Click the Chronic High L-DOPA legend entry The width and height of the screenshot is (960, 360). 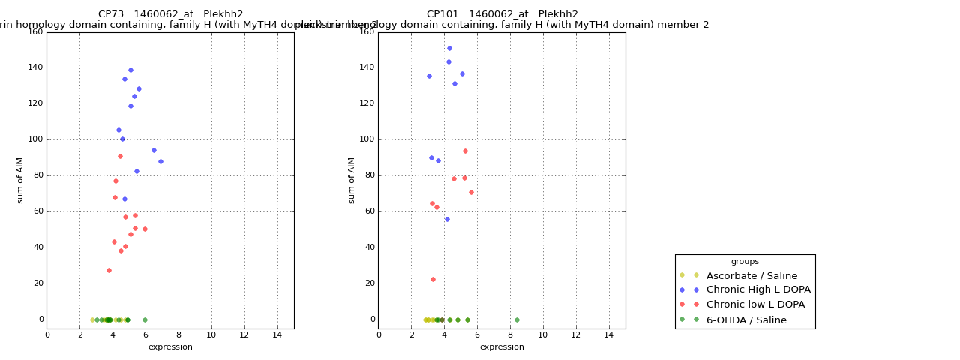(758, 289)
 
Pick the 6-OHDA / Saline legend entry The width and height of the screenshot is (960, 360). (746, 319)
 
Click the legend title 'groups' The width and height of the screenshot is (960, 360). (745, 262)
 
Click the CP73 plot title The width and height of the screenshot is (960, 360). (170, 14)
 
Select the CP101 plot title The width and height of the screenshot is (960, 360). (502, 14)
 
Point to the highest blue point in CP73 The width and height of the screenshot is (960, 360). (130, 70)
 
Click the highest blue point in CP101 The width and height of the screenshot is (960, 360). (449, 48)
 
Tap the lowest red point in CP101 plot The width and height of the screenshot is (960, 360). (433, 279)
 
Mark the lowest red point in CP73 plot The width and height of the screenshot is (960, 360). (109, 270)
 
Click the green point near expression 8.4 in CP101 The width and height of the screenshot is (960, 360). (517, 319)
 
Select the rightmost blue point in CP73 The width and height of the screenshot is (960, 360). (160, 161)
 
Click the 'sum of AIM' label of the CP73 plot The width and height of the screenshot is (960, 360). (20, 180)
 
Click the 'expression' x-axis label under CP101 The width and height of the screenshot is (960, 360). (502, 347)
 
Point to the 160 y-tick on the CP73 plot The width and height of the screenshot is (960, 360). (34, 31)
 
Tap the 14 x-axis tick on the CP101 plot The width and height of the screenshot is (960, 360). (609, 334)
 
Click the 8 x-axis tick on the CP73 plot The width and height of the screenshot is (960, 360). (178, 334)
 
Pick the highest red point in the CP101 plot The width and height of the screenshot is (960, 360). (465, 151)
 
